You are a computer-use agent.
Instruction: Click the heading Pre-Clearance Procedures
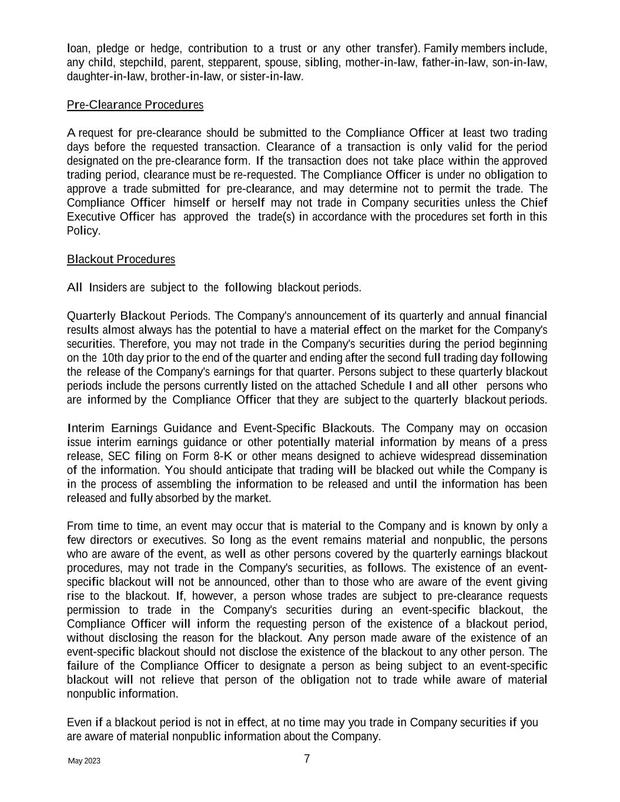point(135,105)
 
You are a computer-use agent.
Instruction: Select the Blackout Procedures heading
point(120,259)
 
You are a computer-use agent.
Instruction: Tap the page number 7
point(307,759)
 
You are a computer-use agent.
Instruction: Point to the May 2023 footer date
point(84,761)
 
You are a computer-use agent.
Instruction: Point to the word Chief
point(534,203)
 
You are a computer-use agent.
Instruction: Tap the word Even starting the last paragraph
point(79,723)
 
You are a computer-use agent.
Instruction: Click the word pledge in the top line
point(113,48)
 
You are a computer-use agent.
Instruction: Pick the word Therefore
point(147,344)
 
